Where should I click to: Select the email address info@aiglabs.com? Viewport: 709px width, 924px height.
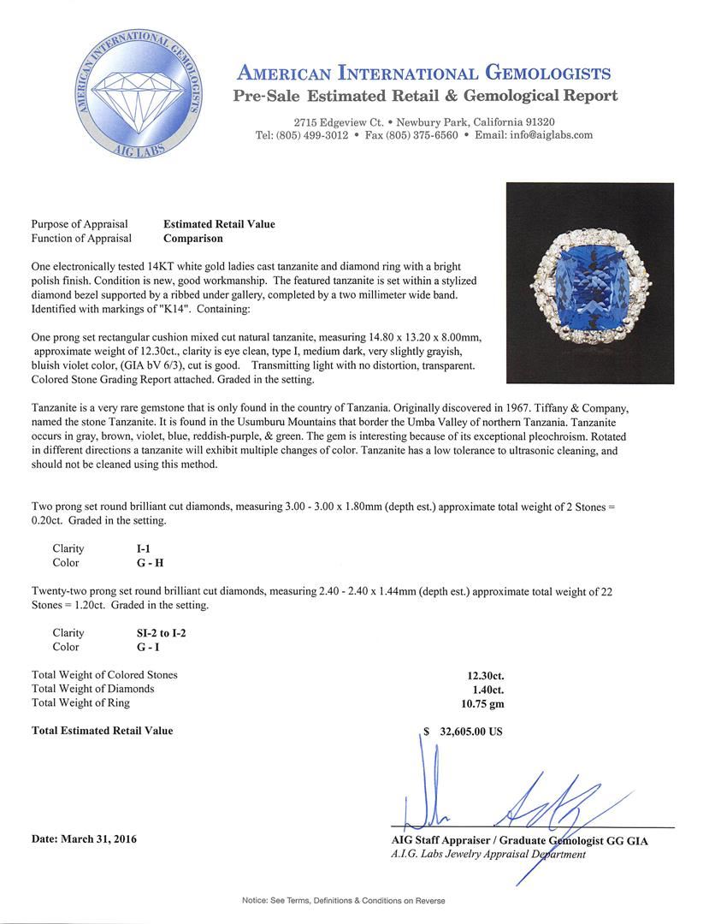coord(547,135)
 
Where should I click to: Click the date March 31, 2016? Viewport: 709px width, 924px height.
coord(84,839)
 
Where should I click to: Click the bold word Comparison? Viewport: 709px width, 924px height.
coord(193,239)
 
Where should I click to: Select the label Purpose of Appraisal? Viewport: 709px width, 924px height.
coord(80,224)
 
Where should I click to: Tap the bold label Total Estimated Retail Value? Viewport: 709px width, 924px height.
coord(102,731)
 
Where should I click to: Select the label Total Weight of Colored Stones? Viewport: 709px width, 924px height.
coord(104,675)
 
